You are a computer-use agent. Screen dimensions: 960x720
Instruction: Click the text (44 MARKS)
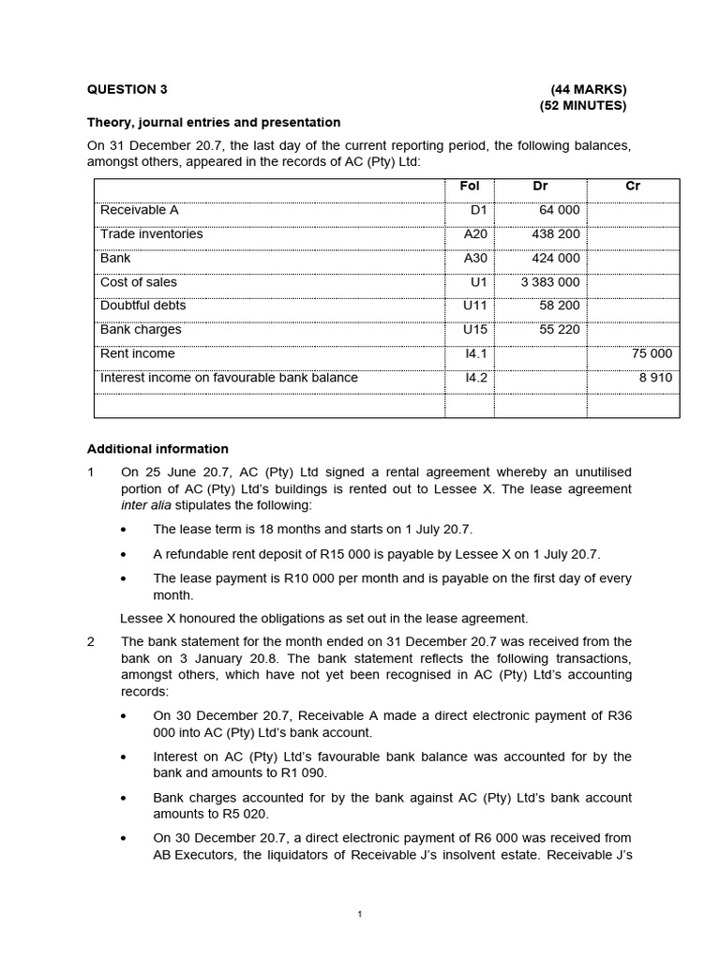(589, 90)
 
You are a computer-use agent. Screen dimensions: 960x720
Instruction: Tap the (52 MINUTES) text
(583, 106)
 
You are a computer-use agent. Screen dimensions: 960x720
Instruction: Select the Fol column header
(470, 187)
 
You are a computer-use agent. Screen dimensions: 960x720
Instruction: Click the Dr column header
(540, 187)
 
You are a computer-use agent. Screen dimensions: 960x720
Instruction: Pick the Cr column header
(633, 187)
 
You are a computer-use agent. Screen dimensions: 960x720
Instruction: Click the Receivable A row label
(139, 210)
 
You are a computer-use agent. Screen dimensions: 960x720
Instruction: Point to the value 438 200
(557, 234)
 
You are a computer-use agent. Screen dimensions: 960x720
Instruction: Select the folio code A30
(475, 258)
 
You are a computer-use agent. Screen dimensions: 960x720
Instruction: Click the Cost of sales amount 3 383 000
(550, 282)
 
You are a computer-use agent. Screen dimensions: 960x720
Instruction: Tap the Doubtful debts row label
(142, 306)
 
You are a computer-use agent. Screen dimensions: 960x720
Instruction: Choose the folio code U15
(475, 330)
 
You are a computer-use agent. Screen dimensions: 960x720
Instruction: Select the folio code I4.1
(476, 354)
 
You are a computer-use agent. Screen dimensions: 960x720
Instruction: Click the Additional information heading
(157, 449)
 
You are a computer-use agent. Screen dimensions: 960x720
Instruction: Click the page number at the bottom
(359, 915)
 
